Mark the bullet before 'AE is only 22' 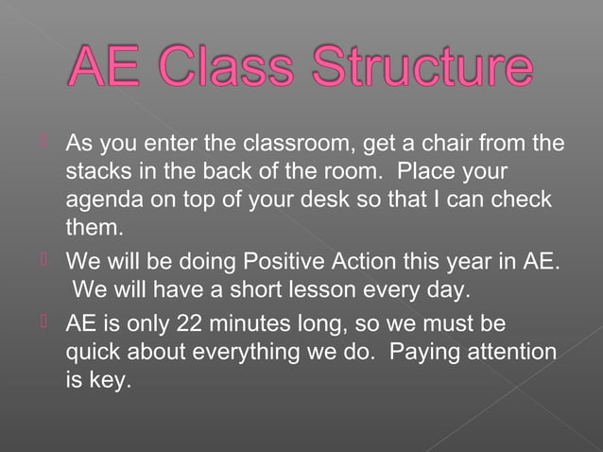[43, 323]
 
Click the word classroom [295, 146]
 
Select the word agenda [103, 202]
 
